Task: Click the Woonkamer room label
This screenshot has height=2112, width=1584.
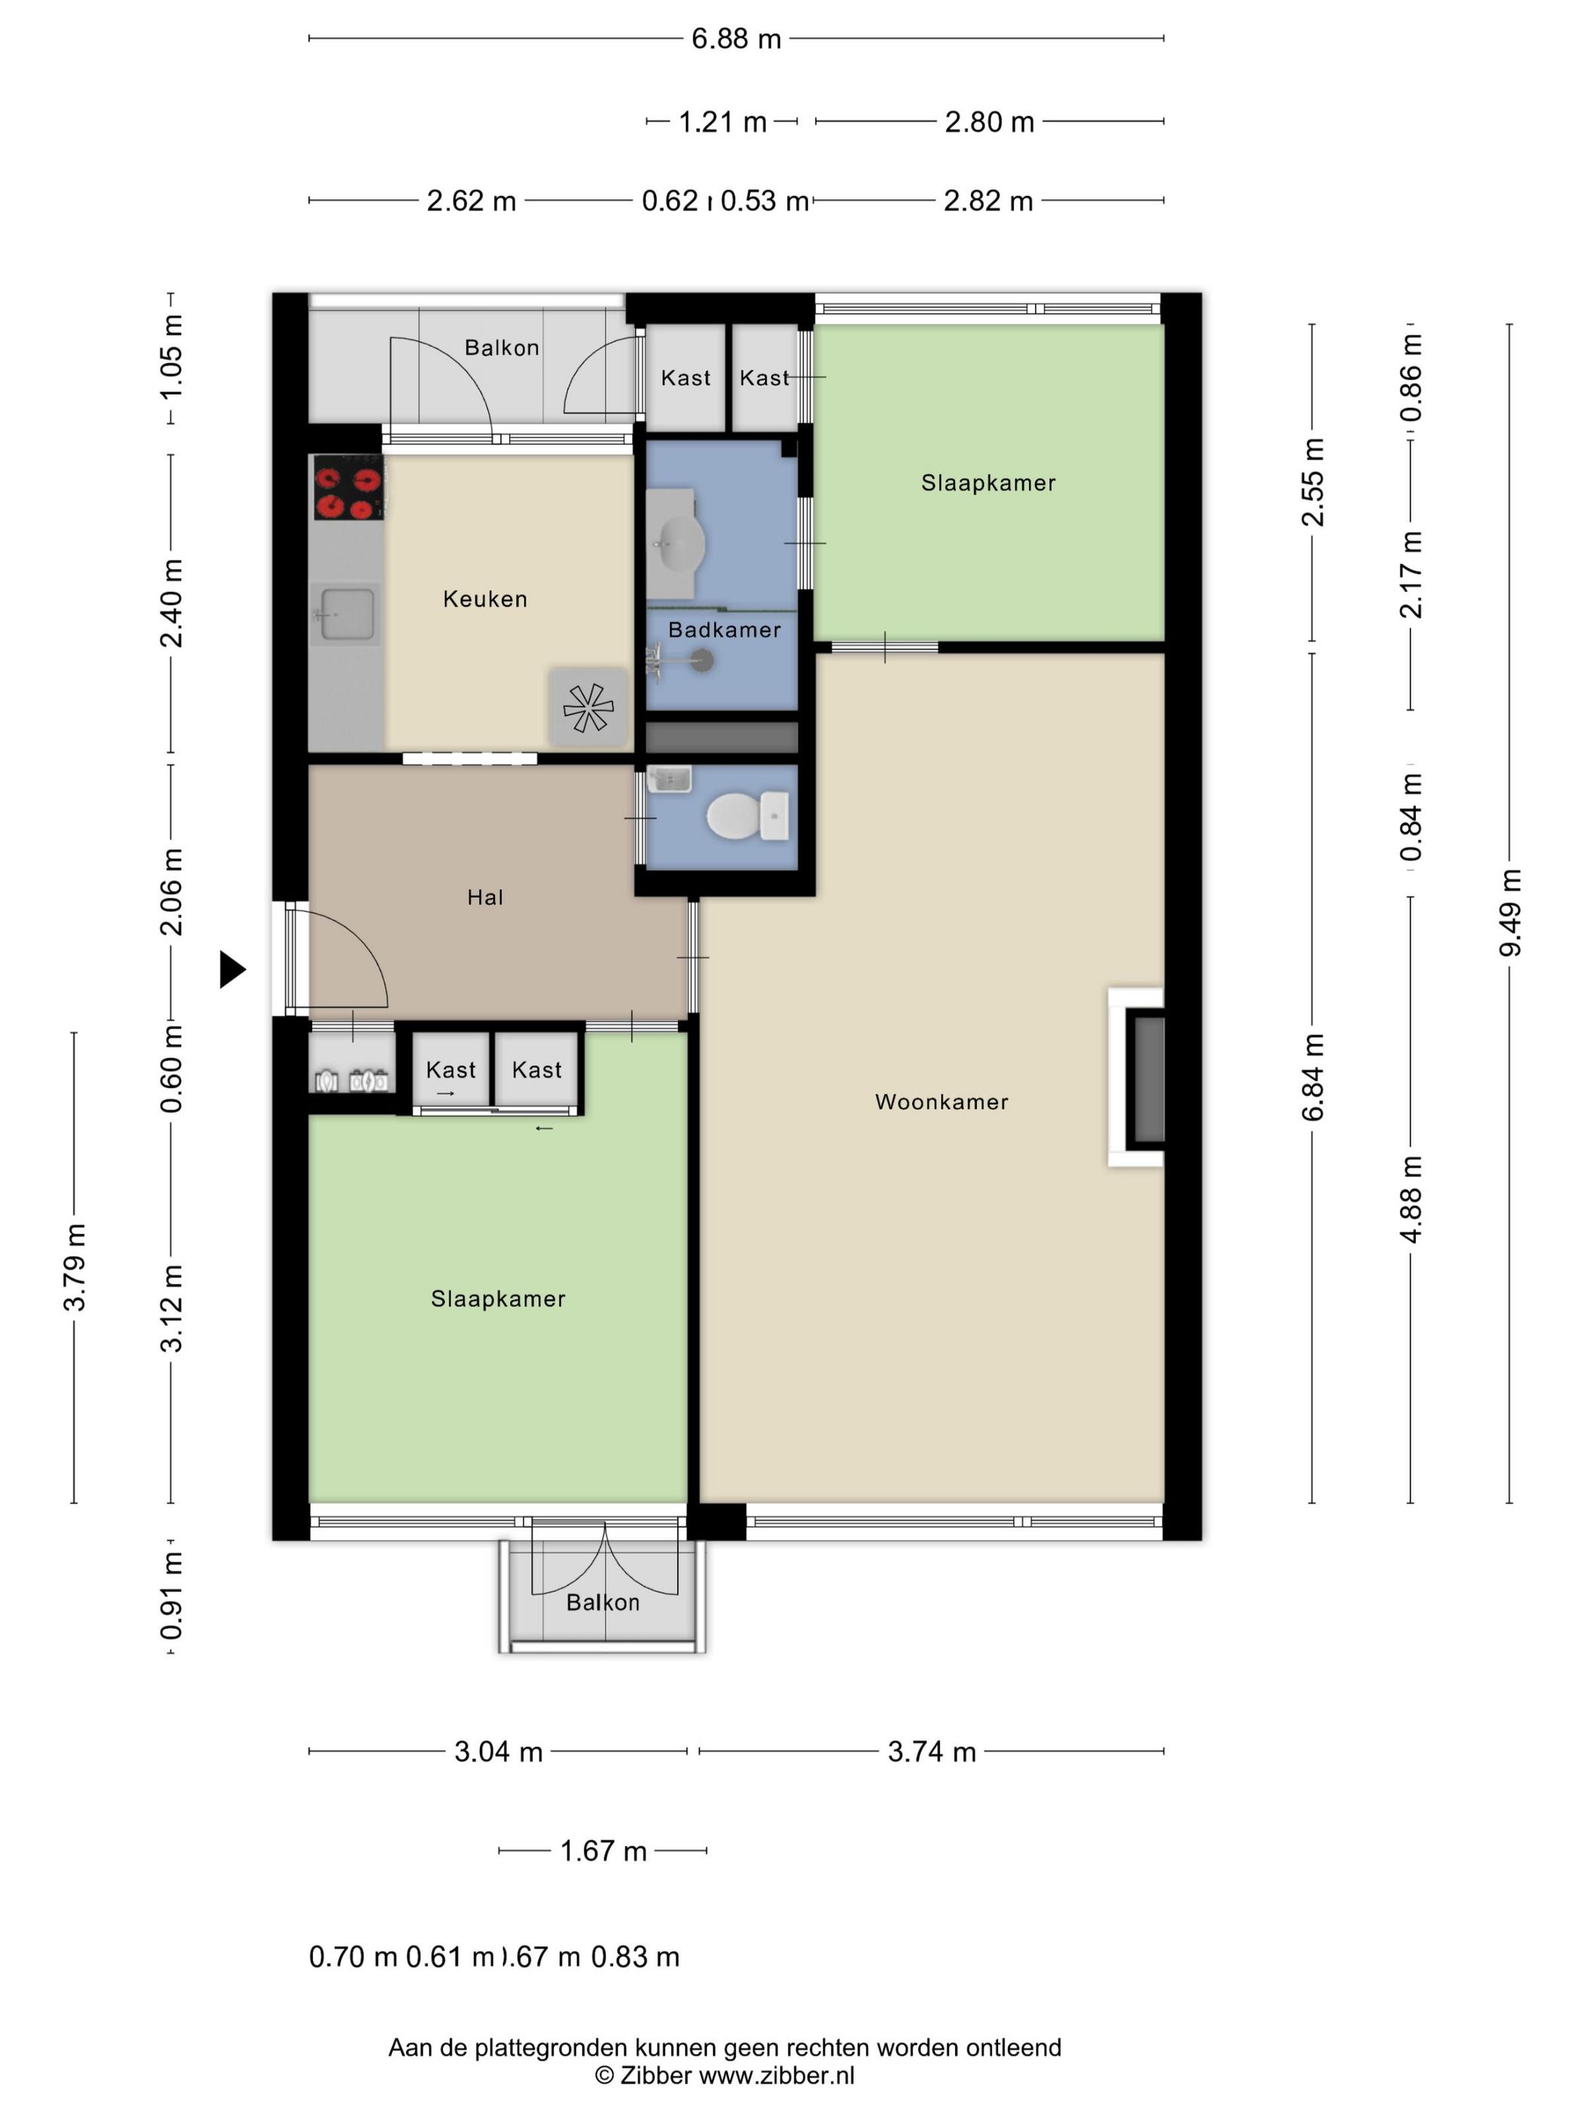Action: (x=941, y=1102)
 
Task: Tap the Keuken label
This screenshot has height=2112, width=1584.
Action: (x=485, y=599)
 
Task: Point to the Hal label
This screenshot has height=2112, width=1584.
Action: (x=485, y=897)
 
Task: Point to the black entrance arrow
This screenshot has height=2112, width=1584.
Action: (x=233, y=969)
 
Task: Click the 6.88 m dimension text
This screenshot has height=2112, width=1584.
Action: (x=736, y=39)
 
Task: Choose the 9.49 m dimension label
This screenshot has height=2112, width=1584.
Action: (x=1509, y=913)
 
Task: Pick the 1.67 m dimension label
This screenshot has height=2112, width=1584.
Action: (x=603, y=1850)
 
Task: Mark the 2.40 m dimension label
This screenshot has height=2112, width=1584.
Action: (x=171, y=603)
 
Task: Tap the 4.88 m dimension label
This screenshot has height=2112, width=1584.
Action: (x=1411, y=1199)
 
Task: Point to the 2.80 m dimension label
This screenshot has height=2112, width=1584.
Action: (x=989, y=122)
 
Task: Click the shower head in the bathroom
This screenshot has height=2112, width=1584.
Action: (x=701, y=658)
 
